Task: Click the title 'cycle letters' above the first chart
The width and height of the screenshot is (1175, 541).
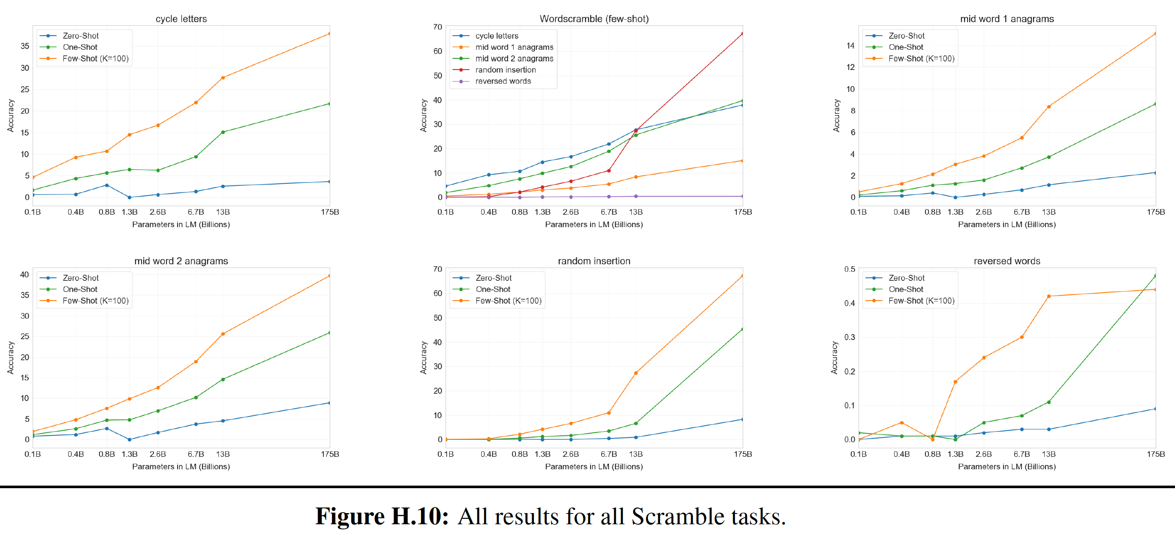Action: (181, 19)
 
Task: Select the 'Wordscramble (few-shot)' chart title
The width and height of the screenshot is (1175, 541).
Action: (594, 19)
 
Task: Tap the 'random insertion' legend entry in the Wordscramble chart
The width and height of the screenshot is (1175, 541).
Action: (505, 70)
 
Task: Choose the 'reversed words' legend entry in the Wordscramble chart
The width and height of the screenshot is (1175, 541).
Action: (503, 81)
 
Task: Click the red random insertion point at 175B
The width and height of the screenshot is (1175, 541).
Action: (742, 34)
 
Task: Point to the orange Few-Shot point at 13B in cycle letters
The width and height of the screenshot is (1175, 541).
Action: (223, 78)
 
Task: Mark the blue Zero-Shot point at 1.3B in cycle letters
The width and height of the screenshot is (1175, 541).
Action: (130, 197)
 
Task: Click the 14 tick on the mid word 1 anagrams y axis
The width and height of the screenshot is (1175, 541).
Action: (850, 46)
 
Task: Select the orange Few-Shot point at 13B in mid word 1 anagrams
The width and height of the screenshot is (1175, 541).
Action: (1048, 107)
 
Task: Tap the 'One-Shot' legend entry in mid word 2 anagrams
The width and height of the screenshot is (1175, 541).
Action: (80, 289)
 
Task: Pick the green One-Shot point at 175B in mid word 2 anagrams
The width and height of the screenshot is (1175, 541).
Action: (329, 333)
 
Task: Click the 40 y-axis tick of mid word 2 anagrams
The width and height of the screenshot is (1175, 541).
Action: (24, 274)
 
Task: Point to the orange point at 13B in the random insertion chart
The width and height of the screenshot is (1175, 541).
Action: (636, 373)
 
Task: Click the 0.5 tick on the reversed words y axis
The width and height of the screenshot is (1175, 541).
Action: (850, 269)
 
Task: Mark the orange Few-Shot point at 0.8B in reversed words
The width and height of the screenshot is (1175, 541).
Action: (932, 439)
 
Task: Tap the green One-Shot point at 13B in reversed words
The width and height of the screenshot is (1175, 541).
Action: (1048, 402)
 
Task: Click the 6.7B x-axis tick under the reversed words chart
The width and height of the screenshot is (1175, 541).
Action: (1021, 454)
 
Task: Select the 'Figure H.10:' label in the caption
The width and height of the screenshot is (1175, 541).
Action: (382, 517)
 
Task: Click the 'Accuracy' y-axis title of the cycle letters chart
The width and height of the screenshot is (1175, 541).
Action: (10, 115)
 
